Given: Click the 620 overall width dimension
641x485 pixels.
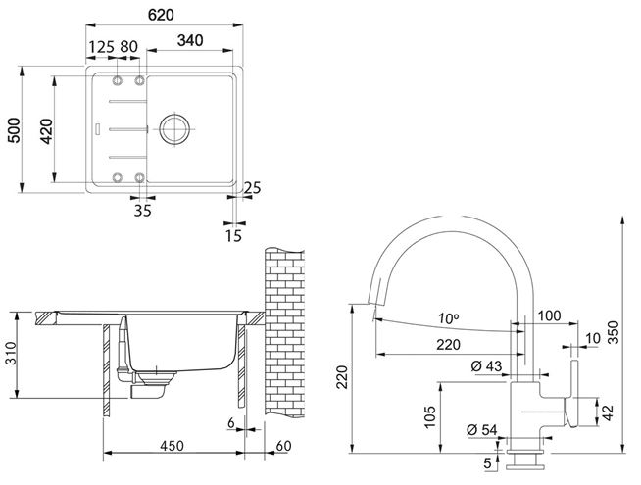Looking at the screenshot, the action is [161, 15].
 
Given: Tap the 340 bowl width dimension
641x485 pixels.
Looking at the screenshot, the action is [190, 40].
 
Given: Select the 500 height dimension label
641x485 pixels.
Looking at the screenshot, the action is [15, 130].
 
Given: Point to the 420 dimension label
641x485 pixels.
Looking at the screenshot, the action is [47, 130].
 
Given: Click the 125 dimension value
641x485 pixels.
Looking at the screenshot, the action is [101, 47].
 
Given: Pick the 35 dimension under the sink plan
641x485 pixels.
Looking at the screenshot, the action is [143, 211].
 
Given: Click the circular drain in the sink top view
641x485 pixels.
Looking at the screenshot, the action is [174, 129].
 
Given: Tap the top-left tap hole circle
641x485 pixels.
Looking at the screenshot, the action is [118, 80].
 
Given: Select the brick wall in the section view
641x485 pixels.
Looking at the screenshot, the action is [284, 332].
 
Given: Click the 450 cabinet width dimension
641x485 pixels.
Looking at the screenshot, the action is [172, 446].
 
